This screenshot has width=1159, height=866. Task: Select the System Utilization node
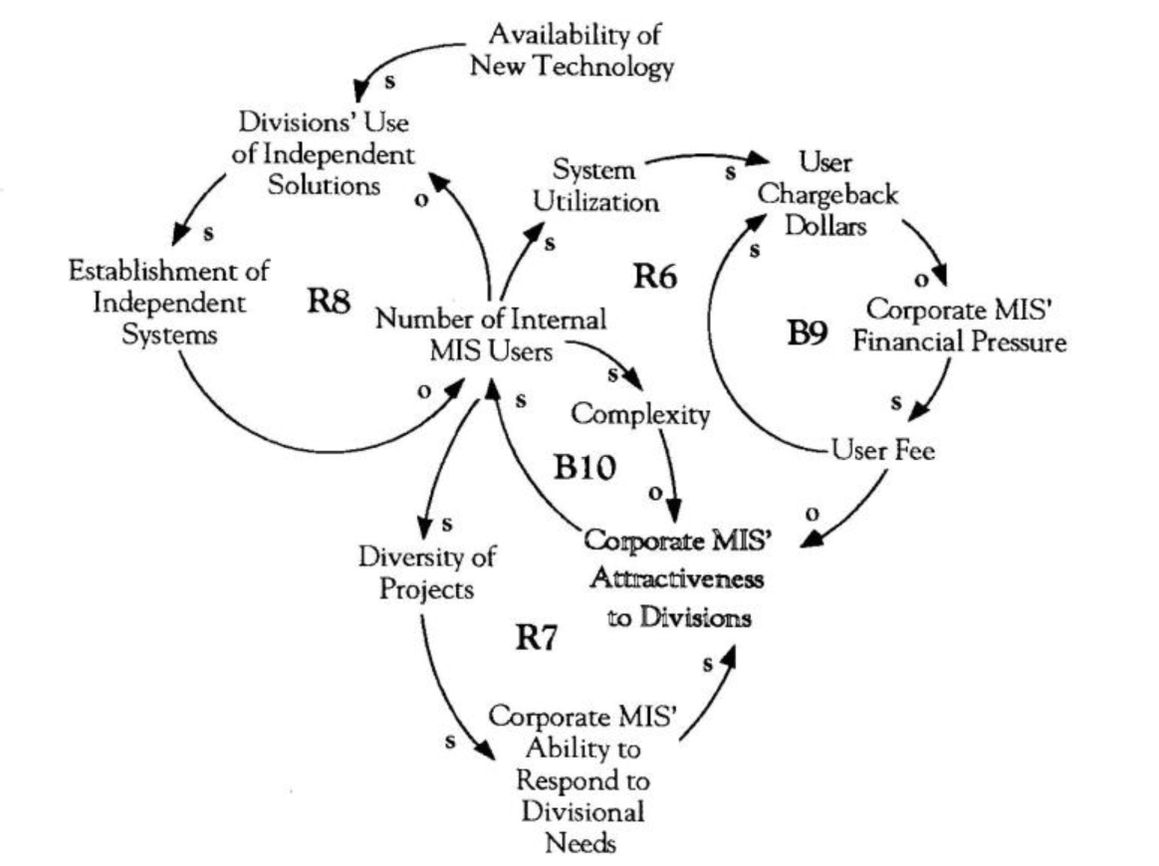(x=595, y=185)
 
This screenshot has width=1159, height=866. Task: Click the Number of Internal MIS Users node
(x=490, y=336)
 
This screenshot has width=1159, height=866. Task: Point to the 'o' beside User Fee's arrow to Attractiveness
(x=812, y=515)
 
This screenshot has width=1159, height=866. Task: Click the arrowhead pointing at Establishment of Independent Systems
(x=180, y=236)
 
